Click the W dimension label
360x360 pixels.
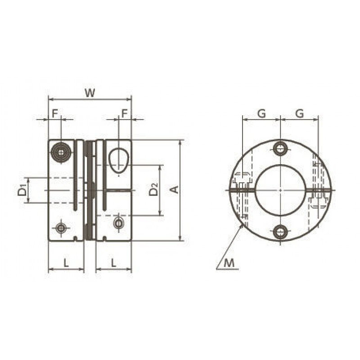click(90, 93)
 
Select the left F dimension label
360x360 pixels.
click(54, 113)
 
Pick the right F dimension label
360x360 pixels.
click(124, 113)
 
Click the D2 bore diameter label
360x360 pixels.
click(153, 189)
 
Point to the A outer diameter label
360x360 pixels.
click(175, 189)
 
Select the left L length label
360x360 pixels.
click(66, 263)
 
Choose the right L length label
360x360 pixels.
click(113, 263)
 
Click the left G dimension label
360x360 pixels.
click(261, 113)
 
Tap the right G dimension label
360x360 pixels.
click(299, 113)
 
